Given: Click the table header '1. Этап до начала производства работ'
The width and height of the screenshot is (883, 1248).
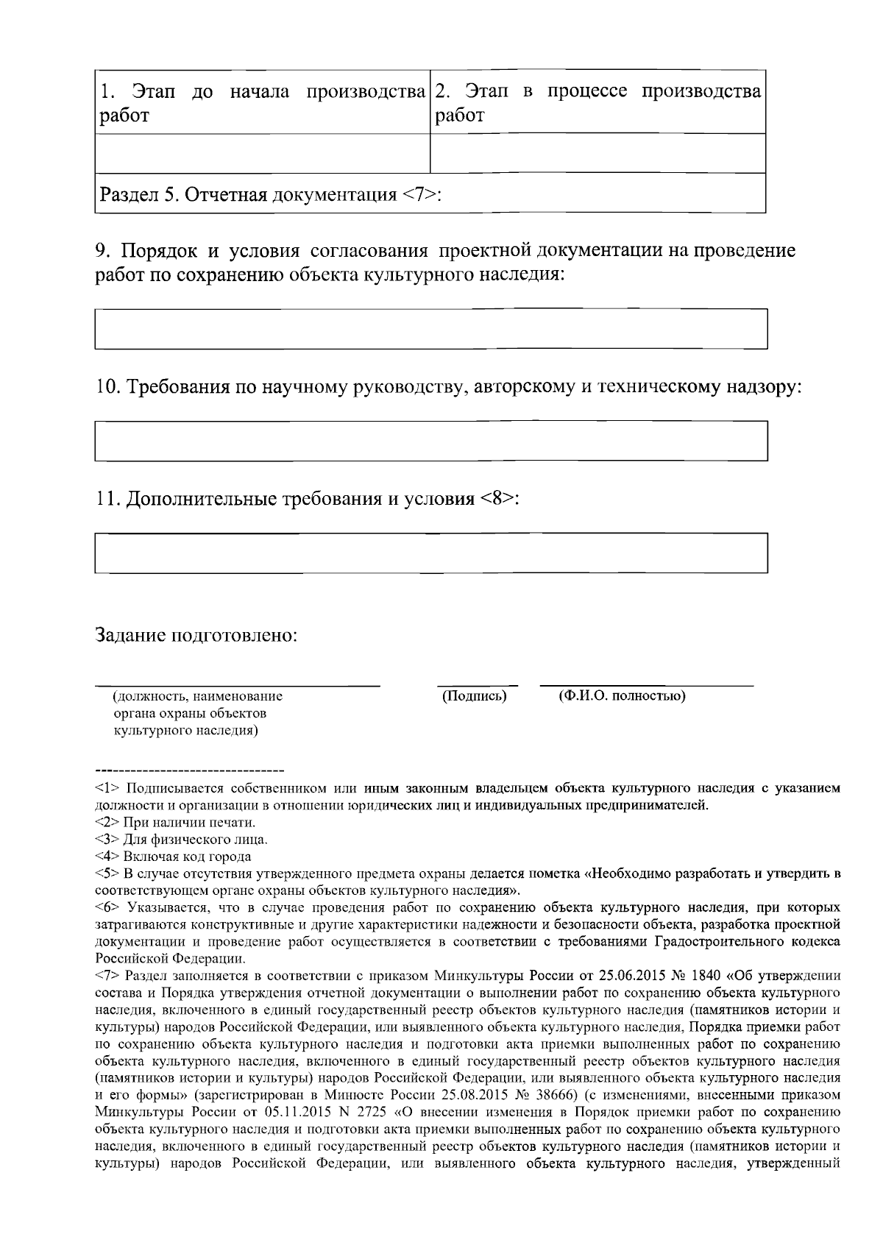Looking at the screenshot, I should pos(262,103).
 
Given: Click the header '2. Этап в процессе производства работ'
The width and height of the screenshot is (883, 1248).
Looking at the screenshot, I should pos(597,103).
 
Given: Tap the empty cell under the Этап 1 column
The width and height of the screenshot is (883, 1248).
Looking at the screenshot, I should pos(262,153).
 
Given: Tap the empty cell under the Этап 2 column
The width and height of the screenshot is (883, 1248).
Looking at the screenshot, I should pos(597,153).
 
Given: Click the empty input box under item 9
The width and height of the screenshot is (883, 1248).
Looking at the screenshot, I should pos(431,329).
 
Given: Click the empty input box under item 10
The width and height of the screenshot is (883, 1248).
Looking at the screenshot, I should pos(431,441).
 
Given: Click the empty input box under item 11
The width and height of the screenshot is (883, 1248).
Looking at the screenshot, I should pos(431,553).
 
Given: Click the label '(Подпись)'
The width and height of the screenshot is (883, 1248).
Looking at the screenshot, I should pos(474,695).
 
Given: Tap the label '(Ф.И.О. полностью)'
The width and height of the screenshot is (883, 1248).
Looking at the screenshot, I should pos(623,695).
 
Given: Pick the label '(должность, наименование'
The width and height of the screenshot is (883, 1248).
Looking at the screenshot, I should pos(197,696).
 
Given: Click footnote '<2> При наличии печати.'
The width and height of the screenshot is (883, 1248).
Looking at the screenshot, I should pos(175,822).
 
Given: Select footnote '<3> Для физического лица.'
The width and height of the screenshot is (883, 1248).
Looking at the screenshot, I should pos(181,839).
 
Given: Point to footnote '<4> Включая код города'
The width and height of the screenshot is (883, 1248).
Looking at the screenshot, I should pos(173,857).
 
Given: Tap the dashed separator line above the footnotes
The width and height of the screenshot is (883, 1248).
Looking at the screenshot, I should pos(189,770).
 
